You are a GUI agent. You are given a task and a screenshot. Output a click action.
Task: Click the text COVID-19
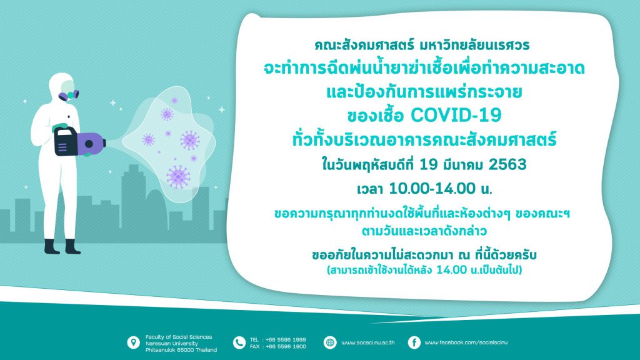tap(456, 115)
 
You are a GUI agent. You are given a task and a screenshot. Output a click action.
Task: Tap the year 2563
tap(507, 164)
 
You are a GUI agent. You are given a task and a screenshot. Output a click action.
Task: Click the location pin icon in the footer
tap(134, 342)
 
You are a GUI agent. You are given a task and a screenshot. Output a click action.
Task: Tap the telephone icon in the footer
tap(239, 342)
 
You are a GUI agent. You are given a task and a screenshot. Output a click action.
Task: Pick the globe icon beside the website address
tap(330, 342)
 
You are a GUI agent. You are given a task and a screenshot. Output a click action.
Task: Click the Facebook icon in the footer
tap(414, 342)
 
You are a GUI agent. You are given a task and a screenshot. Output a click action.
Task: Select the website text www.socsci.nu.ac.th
tap(367, 342)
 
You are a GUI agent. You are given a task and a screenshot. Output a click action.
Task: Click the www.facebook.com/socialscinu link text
tap(466, 342)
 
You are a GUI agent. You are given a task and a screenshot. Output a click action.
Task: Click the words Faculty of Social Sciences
tap(179, 337)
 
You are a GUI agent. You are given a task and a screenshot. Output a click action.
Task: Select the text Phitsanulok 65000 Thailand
tap(181, 350)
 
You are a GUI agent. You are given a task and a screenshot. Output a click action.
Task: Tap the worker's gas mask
tap(69, 95)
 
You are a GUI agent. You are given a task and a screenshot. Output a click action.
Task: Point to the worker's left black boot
tap(52, 246)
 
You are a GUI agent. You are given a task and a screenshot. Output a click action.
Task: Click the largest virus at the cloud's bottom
tap(178, 177)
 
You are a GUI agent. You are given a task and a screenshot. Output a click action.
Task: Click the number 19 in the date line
tap(428, 164)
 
